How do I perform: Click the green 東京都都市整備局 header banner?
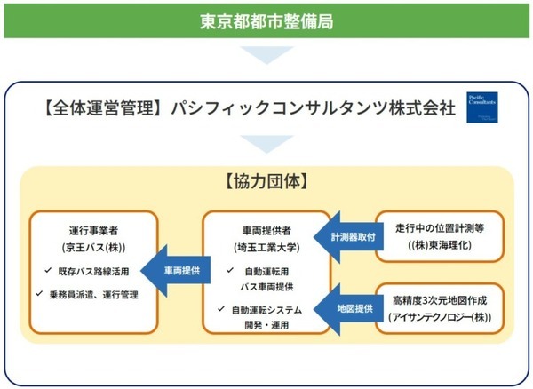point(266,19)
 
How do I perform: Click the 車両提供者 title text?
point(266,228)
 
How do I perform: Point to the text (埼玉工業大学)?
point(266,246)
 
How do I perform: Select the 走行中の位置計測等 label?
point(437,228)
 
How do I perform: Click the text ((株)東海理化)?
point(437,246)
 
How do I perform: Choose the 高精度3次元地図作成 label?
point(437,299)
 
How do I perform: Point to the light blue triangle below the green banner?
point(266,57)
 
